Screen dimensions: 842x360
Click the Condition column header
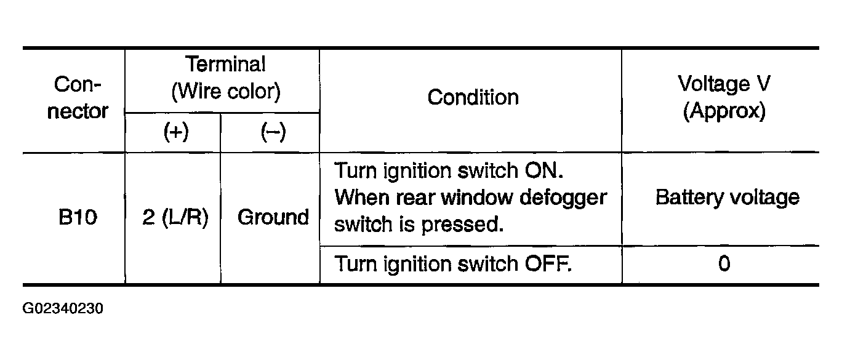click(x=473, y=97)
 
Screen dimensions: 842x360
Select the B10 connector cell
click(x=78, y=217)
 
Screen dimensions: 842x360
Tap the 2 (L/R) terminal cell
click(x=175, y=218)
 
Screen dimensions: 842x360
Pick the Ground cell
click(x=273, y=217)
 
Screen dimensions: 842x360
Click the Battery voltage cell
click(x=728, y=198)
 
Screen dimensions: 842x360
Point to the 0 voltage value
click(x=724, y=263)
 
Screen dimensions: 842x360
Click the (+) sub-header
click(x=176, y=132)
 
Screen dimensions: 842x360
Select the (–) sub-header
click(x=273, y=132)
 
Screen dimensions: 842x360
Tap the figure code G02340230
click(x=63, y=308)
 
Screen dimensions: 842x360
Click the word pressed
click(x=462, y=225)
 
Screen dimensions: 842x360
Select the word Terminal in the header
click(x=225, y=64)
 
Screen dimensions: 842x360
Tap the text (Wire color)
click(x=226, y=92)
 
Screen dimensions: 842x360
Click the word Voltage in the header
click(x=714, y=84)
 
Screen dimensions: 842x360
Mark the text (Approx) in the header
click(x=724, y=111)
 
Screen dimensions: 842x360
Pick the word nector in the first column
click(x=78, y=111)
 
